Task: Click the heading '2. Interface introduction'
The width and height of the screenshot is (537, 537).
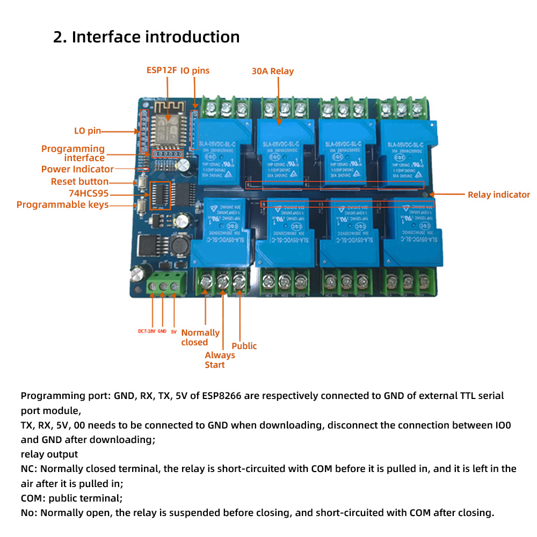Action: pos(146,37)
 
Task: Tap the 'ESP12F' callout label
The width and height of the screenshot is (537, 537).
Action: pos(162,70)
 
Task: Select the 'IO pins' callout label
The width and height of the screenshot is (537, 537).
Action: pos(195,70)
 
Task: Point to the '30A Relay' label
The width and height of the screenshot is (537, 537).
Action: pos(273,71)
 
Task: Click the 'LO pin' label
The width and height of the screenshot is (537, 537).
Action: pos(87,130)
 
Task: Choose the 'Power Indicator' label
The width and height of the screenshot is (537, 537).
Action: pos(77,169)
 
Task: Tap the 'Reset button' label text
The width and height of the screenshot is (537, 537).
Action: pos(79,182)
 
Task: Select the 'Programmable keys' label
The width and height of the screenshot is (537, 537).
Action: pos(62,205)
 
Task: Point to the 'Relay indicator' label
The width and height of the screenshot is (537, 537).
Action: pos(498,194)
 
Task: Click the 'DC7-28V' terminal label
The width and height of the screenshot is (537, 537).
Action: pos(146,331)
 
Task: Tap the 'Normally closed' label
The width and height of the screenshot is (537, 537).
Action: pos(200,337)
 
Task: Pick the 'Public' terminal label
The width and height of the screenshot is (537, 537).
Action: pos(244,346)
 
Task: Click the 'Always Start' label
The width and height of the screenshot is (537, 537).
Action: pos(220,360)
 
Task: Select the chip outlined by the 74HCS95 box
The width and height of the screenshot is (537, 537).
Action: pos(159,195)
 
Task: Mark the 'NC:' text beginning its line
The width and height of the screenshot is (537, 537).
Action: pos(30,468)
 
